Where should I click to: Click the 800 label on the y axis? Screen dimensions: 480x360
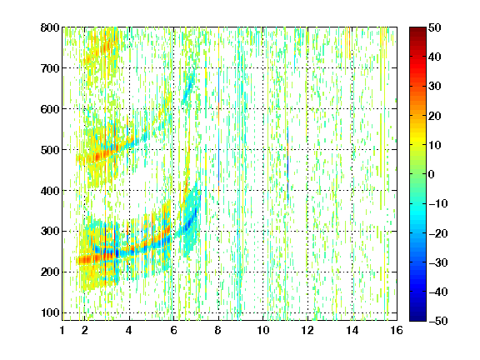(50, 27)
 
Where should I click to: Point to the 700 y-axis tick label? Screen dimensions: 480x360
(50, 68)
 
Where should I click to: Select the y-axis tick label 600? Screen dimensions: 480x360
(50, 109)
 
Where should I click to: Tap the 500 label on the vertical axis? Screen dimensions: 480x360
(50, 150)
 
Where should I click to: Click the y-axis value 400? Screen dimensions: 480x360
(50, 191)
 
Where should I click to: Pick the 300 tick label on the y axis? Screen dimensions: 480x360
(50, 231)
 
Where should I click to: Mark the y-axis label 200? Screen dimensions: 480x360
(50, 272)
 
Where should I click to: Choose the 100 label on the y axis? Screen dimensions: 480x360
(50, 312)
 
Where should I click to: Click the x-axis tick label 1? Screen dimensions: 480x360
(62, 330)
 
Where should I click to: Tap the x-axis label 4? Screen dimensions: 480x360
(129, 330)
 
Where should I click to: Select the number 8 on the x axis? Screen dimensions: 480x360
(218, 330)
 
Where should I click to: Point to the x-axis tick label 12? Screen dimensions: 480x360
(307, 330)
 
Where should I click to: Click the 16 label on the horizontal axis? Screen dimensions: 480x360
(397, 330)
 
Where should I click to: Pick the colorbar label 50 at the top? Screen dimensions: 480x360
(435, 27)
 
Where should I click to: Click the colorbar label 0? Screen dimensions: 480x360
(432, 174)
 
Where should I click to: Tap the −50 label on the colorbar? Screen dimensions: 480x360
(438, 321)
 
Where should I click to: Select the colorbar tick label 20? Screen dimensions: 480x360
(435, 116)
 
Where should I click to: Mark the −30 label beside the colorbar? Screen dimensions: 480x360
(438, 262)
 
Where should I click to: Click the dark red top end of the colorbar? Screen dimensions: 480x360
(417, 30)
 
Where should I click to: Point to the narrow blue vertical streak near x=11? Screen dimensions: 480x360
(287, 164)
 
